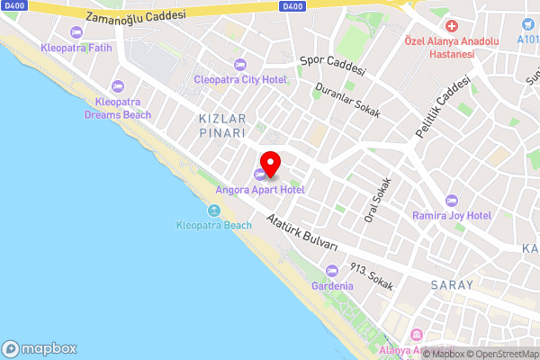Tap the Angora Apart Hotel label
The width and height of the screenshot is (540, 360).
coord(259,189)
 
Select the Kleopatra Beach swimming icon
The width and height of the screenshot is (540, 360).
coord(214,211)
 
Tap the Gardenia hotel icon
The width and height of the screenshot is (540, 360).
coord(332,270)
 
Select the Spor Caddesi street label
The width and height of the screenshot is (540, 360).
coord(333,64)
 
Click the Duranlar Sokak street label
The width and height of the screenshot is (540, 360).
coord(347,103)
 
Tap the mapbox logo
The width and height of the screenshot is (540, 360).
coord(40,348)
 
